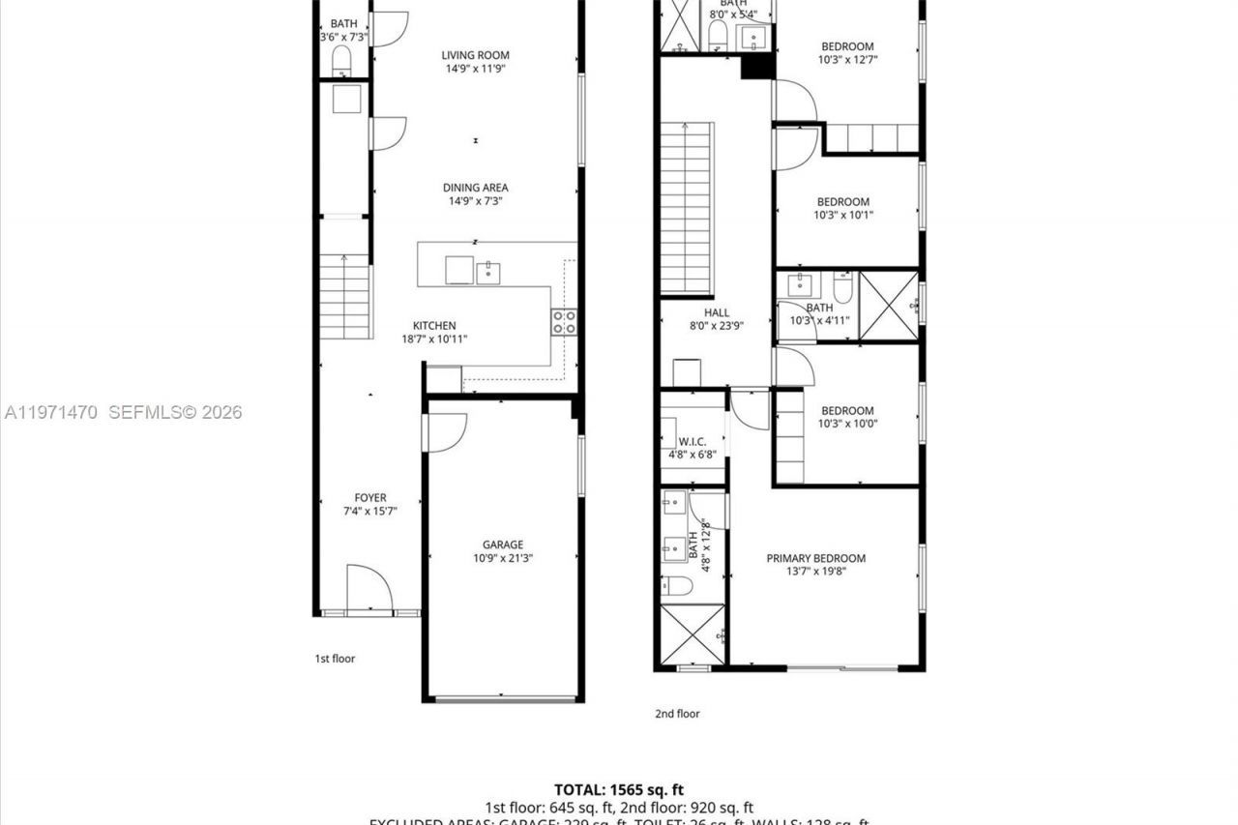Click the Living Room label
[475, 55]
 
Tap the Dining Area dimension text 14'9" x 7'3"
[475, 201]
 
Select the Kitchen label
[434, 326]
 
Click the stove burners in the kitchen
[564, 322]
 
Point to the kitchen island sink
[488, 272]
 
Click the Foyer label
[369, 498]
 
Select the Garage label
[503, 545]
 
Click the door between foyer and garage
[445, 432]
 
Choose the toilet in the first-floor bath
[341, 61]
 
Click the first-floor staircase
[345, 296]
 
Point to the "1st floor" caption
[335, 659]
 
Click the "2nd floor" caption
[677, 714]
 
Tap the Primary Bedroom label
[815, 558]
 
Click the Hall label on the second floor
[717, 312]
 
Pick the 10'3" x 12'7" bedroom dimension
[847, 60]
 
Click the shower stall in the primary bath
[692, 634]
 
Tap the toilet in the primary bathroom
[678, 585]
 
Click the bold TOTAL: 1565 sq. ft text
[619, 790]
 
